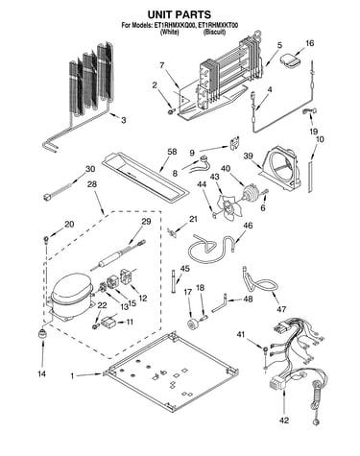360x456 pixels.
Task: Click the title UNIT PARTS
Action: pos(179,14)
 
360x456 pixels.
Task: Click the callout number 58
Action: pos(172,152)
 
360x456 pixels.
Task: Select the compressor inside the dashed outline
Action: pos(72,296)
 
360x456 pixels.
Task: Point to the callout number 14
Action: pos(41,373)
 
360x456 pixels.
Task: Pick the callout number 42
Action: pos(284,420)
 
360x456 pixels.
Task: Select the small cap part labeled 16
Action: pos(291,60)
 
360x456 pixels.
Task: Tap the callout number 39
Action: pos(248,156)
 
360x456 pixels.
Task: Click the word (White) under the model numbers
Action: pos(169,32)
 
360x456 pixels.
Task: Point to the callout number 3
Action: pos(123,120)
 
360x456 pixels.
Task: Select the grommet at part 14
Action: pos(42,334)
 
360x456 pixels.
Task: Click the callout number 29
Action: pos(146,221)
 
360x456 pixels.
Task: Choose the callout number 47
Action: pos(281,309)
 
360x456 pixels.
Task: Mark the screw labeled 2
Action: pos(172,110)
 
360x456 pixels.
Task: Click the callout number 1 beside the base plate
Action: pos(72,376)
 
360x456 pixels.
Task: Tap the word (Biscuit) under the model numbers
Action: pos(215,32)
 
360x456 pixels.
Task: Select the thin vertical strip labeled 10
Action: pos(310,177)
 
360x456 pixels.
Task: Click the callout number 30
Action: pos(90,168)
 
